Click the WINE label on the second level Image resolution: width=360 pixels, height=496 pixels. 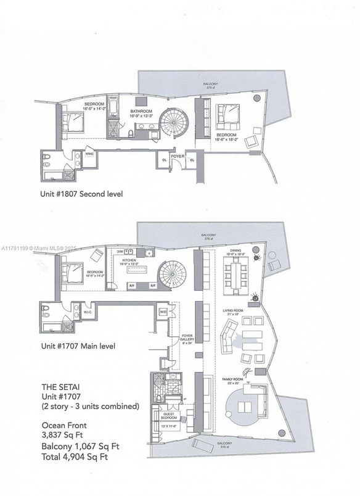[x=90, y=155]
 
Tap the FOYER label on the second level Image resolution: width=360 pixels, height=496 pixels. [x=178, y=157]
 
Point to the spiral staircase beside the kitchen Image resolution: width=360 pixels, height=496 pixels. [x=167, y=272]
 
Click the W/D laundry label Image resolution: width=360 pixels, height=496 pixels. [x=163, y=312]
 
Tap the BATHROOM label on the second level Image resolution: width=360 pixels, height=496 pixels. [x=140, y=112]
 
